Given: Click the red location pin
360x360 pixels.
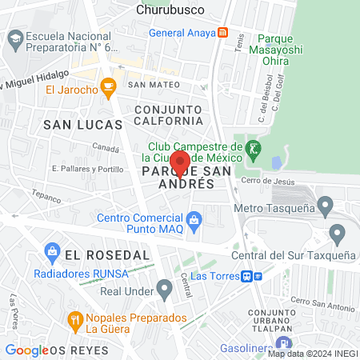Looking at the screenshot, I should coord(179,163).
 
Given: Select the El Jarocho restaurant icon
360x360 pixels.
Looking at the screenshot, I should coord(107,87).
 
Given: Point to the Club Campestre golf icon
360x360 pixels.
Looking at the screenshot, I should coord(253,148).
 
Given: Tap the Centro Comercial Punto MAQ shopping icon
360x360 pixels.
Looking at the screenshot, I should coord(194,218).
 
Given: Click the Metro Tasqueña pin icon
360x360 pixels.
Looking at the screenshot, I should coord(325,207).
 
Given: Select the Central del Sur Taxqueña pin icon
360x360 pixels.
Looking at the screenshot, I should coord(337,235).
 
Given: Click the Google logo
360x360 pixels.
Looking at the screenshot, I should coord(26,350).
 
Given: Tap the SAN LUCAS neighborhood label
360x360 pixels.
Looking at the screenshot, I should coord(83,124).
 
